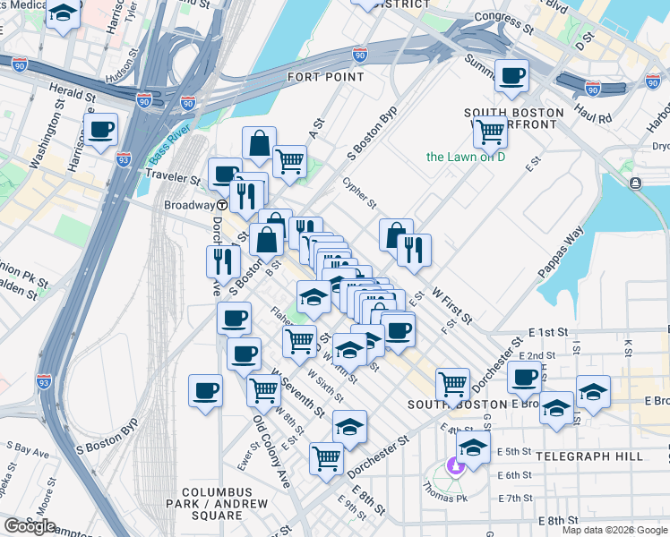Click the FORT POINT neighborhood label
pos(325,77)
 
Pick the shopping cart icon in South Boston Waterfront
pos(490,132)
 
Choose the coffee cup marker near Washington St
pos(100,130)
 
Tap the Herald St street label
pos(72,92)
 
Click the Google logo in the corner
pos(29,526)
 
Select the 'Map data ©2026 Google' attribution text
pos(614,530)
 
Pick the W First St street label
pos(451,305)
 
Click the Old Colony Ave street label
pos(271,452)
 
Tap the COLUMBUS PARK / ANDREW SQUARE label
pos(223,503)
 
